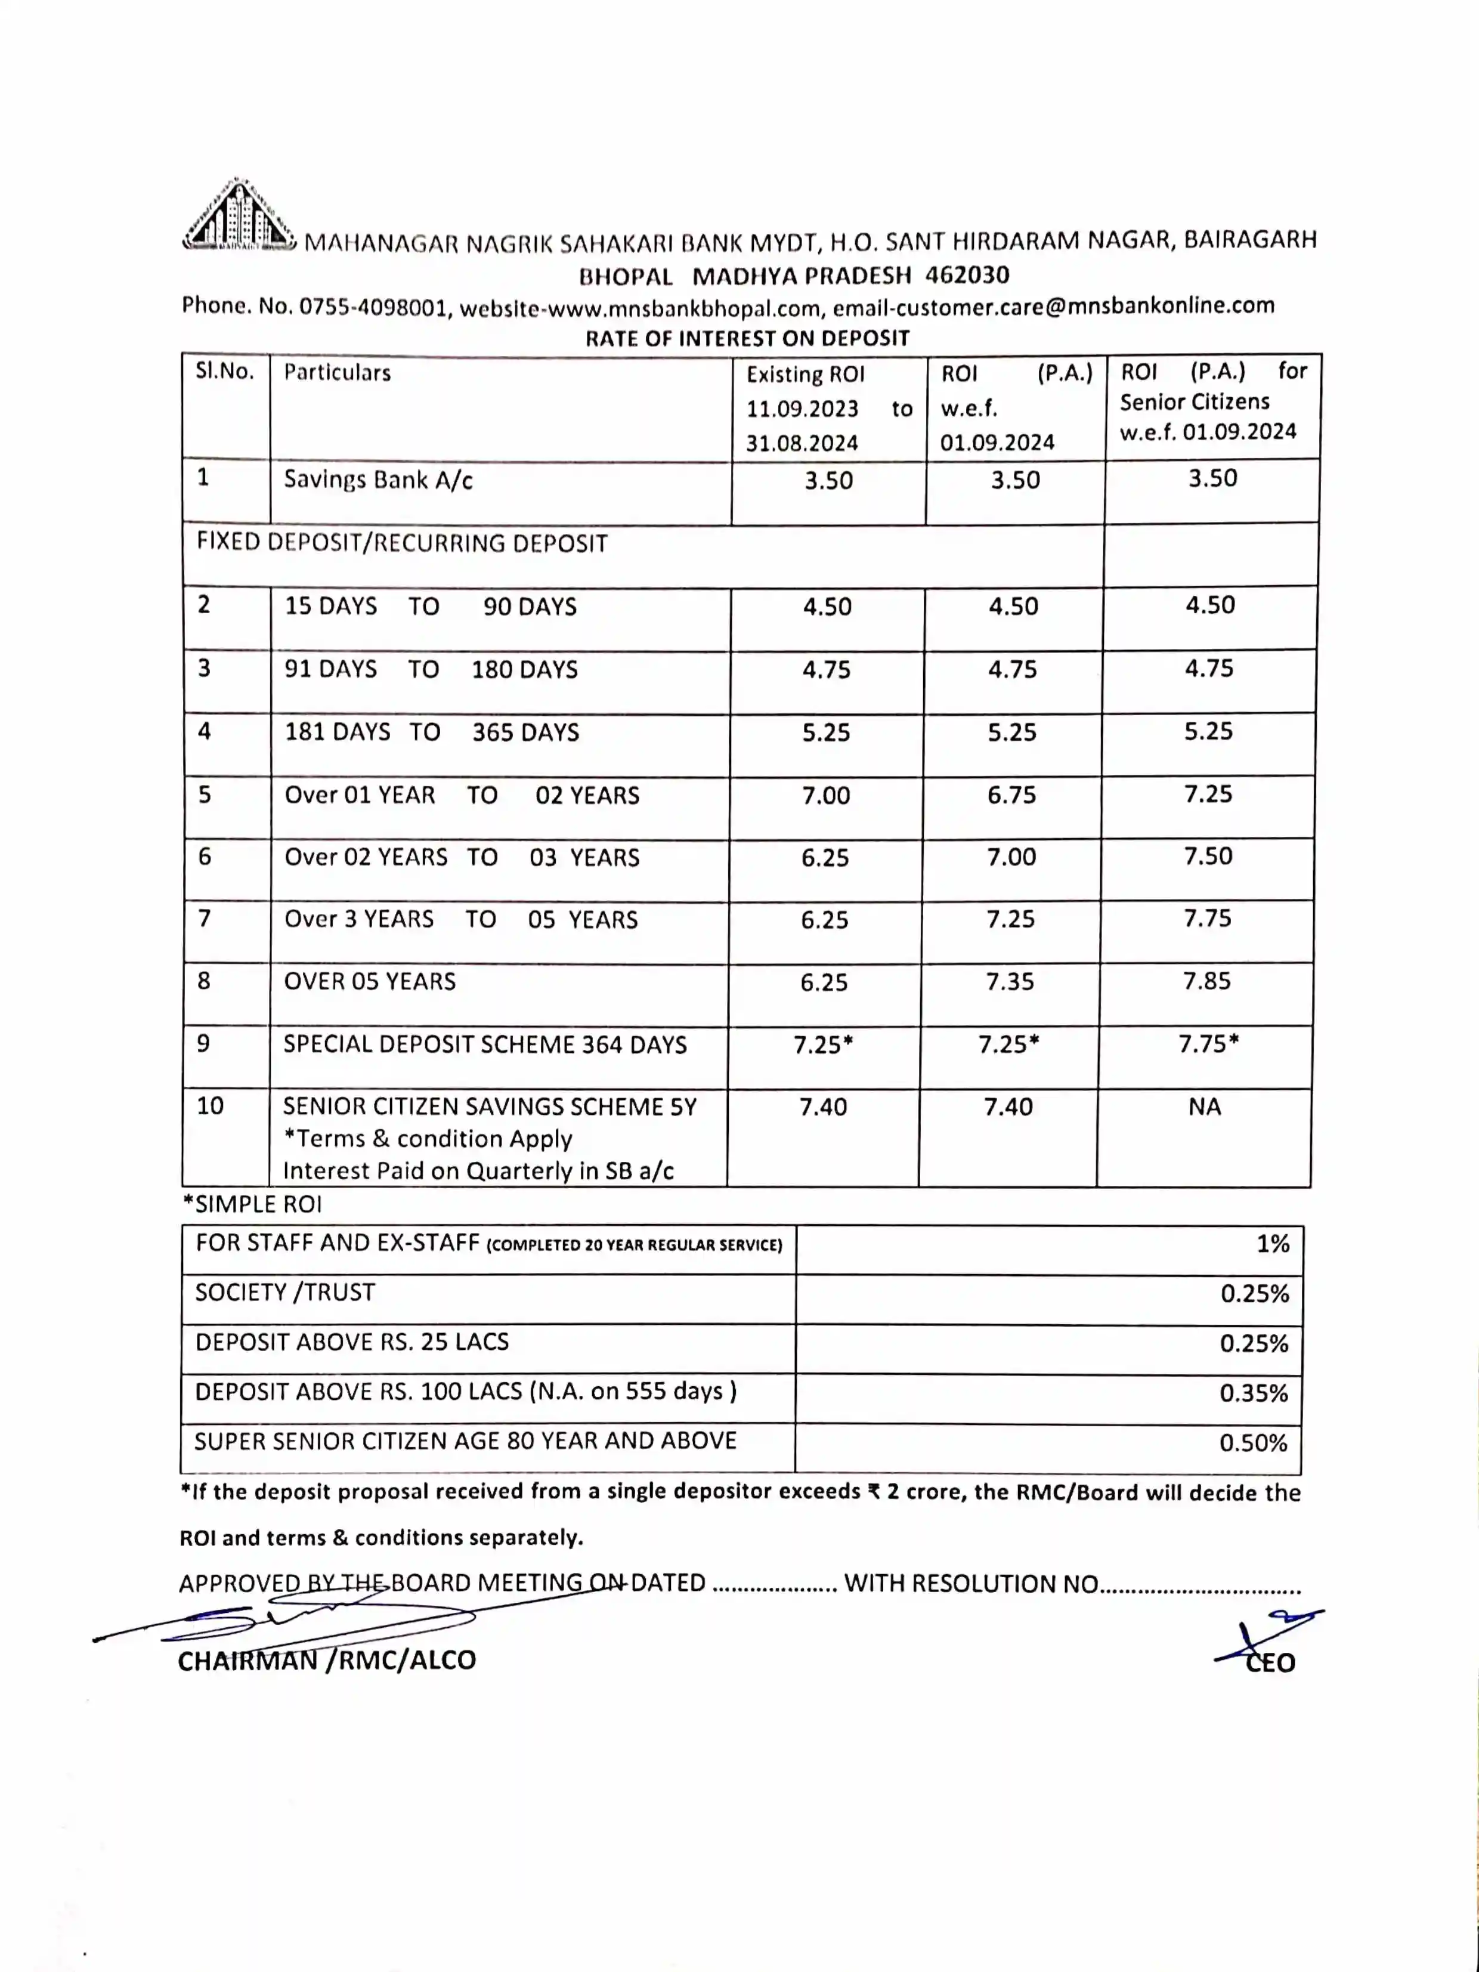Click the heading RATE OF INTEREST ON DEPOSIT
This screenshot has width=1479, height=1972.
[x=747, y=339]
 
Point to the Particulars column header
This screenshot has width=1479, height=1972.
[x=337, y=373]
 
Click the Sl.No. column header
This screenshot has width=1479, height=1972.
[x=225, y=372]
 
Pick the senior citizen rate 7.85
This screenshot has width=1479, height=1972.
[x=1206, y=982]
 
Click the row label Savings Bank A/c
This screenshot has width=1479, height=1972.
[x=378, y=481]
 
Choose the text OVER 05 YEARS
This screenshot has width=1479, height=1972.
[x=369, y=982]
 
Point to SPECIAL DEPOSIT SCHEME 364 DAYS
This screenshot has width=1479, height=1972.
[x=485, y=1045]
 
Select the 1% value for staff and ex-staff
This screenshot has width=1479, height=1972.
[x=1272, y=1244]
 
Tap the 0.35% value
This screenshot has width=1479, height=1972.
[x=1254, y=1393]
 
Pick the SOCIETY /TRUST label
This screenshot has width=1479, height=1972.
[x=285, y=1293]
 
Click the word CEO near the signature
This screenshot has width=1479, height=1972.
[x=1270, y=1662]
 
